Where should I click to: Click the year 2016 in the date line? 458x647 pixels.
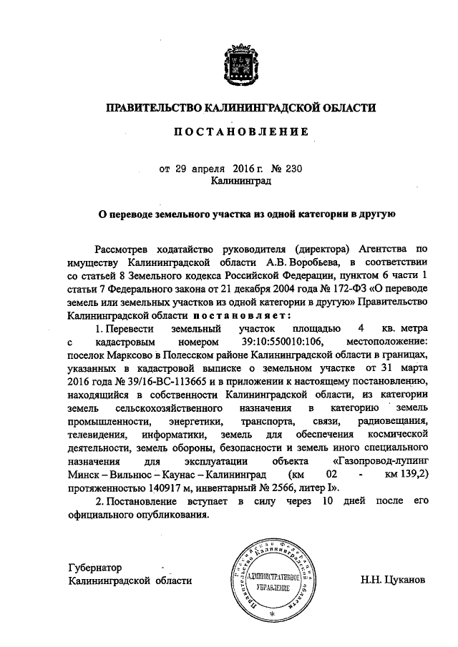click(244, 169)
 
